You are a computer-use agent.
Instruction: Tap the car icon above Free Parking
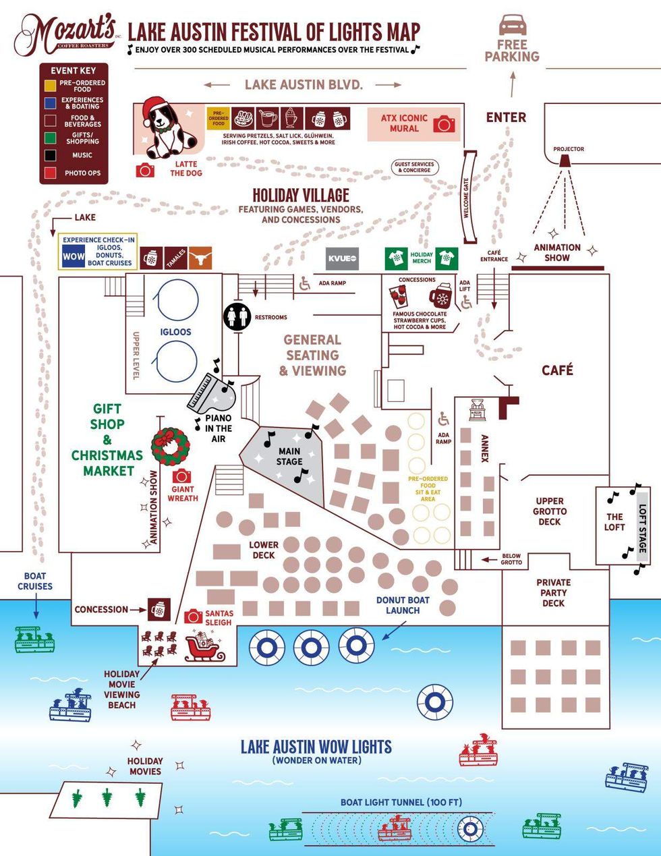(512, 25)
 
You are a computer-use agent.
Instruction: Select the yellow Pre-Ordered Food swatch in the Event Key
(50, 86)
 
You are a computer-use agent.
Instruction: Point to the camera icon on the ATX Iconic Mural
(444, 124)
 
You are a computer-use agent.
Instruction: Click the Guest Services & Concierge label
(415, 167)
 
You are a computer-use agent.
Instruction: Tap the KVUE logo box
(343, 258)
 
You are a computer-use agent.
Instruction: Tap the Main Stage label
(289, 456)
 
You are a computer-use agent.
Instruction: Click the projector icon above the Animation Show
(565, 161)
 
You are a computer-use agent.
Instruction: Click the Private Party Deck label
(553, 592)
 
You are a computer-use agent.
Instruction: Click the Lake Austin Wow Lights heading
(316, 747)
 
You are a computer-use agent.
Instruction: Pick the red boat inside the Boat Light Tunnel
(395, 828)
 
